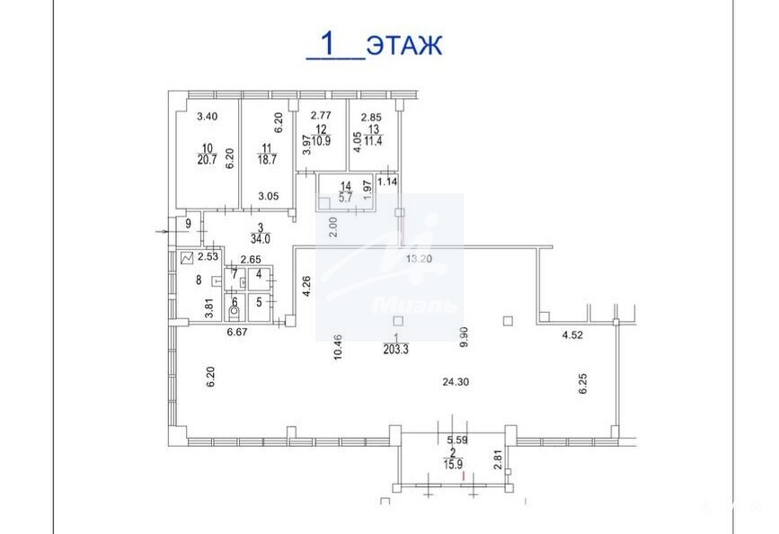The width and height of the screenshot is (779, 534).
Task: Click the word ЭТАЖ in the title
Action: tap(404, 45)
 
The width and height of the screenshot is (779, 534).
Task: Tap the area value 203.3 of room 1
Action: tap(395, 350)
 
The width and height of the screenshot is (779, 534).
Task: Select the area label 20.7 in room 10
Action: tap(207, 160)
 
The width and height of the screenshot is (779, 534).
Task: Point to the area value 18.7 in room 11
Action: tap(267, 160)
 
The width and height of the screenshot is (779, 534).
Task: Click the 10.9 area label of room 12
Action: tap(322, 141)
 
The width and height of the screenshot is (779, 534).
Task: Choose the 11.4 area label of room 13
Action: tap(374, 141)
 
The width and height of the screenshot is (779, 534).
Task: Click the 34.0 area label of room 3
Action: tap(261, 238)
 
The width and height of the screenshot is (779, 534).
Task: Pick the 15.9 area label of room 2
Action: tap(453, 465)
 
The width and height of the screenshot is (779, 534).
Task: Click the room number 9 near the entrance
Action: tap(189, 224)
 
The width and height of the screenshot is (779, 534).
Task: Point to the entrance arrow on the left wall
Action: tap(161, 232)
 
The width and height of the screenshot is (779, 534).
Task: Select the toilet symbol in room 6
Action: tap(234, 313)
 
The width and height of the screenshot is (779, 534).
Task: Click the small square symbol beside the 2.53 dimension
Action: tap(187, 258)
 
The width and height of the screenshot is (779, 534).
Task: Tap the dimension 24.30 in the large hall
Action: tap(456, 382)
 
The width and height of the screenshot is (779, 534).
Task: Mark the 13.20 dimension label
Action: tap(419, 259)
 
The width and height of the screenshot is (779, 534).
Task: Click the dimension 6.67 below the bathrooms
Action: tap(237, 332)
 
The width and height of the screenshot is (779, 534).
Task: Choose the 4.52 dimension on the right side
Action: tap(572, 335)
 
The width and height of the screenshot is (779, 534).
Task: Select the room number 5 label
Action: tap(259, 302)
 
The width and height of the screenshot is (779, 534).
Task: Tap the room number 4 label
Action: tap(259, 274)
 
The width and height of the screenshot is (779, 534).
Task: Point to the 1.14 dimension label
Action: tap(387, 182)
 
